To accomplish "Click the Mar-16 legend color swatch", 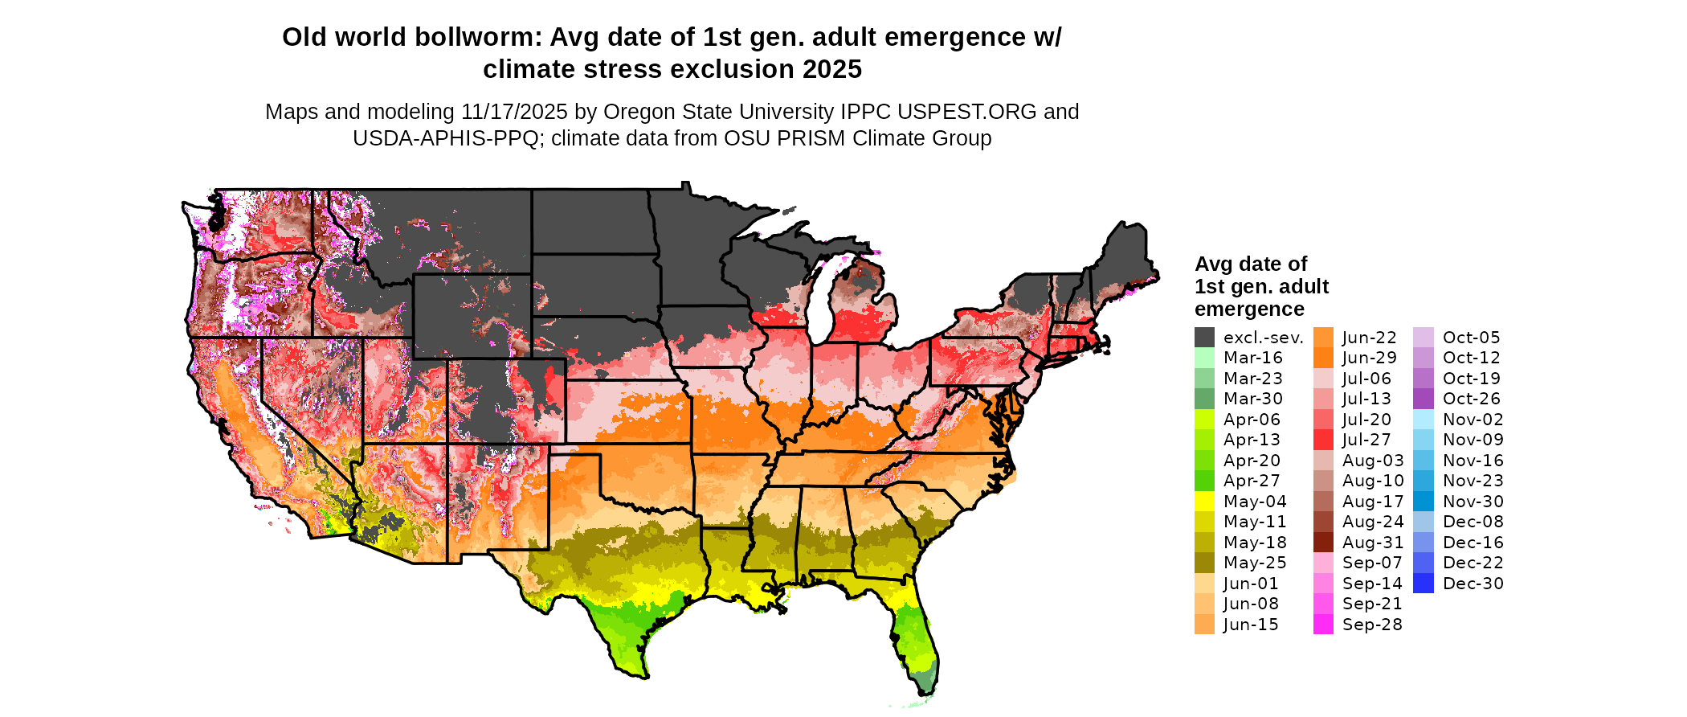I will click(x=1204, y=358).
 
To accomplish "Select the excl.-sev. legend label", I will click(x=1263, y=338).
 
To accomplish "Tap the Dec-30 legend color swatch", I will click(x=1423, y=584).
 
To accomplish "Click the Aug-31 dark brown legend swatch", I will click(x=1323, y=543).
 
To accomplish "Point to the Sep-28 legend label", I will click(x=1372, y=625).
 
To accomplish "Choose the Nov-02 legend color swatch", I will click(x=1423, y=420).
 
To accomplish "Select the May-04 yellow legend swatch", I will click(x=1204, y=502).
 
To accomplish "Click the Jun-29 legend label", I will click(x=1370, y=358).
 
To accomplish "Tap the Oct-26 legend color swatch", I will click(x=1423, y=399).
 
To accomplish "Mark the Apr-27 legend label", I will click(x=1252, y=481).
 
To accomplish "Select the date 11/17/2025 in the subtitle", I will click(x=514, y=112).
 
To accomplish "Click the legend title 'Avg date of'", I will click(x=1250, y=264).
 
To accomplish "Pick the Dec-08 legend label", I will click(x=1473, y=522).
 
